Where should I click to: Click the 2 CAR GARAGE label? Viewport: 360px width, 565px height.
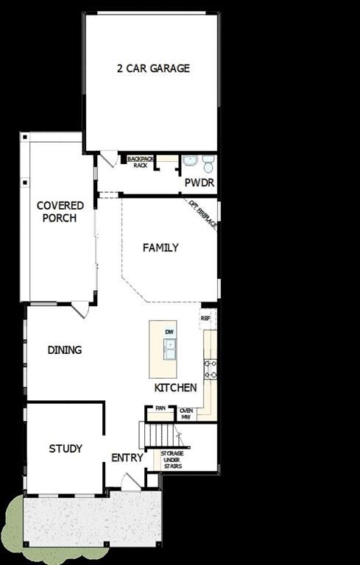click(153, 68)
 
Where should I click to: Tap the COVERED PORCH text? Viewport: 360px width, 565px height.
click(60, 212)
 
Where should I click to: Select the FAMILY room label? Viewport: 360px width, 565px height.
click(160, 248)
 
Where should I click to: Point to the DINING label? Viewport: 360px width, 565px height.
click(65, 350)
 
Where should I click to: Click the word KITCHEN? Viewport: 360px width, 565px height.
click(175, 388)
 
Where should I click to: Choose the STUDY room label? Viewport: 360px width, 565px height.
click(66, 449)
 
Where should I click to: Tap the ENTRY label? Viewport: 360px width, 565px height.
click(127, 458)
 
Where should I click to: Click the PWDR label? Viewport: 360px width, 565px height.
click(199, 182)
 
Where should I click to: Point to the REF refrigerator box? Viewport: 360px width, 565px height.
click(205, 319)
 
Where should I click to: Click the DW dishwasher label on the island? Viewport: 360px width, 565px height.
click(170, 333)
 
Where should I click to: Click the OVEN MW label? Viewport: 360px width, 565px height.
click(186, 413)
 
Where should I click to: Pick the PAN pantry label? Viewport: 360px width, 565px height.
click(160, 408)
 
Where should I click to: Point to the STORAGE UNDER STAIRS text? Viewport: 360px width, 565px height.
click(172, 460)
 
